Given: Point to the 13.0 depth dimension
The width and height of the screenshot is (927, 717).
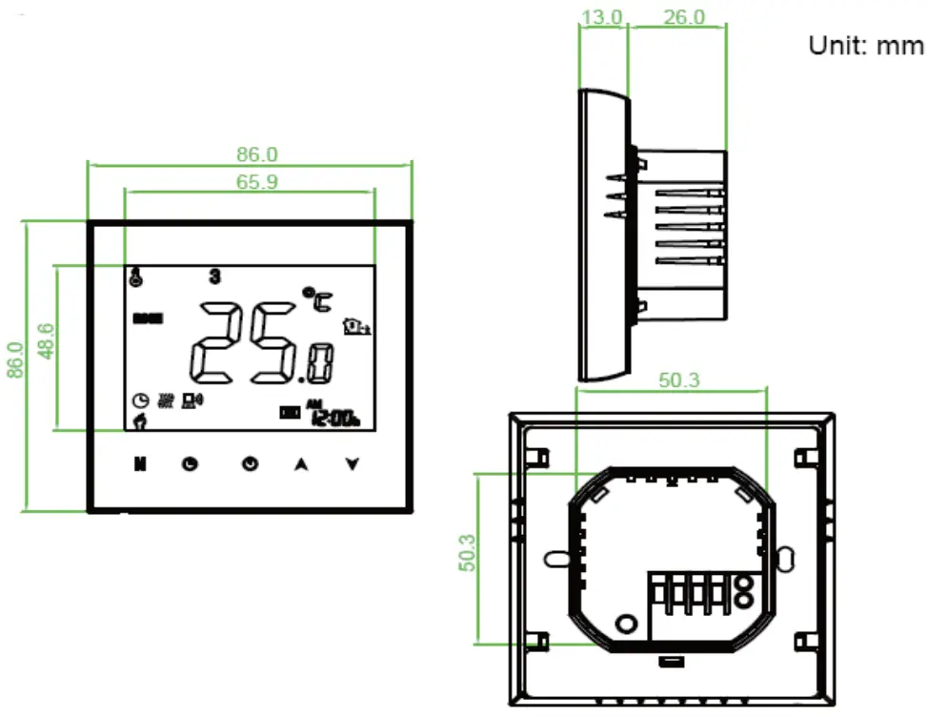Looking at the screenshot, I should (x=602, y=17).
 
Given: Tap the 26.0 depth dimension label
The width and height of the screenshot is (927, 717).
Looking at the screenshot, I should (x=684, y=17).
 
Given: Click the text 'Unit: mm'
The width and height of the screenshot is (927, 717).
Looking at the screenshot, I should (x=865, y=46).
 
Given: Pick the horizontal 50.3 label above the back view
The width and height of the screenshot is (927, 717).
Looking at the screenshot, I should (x=679, y=379).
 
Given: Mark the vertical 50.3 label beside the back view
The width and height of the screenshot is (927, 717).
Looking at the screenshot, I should (x=468, y=551).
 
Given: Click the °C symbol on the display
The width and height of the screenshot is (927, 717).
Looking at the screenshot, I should (x=314, y=299).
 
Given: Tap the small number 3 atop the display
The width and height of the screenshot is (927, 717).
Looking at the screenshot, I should (x=215, y=277).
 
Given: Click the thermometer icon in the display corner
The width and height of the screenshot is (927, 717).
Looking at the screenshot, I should (x=136, y=277).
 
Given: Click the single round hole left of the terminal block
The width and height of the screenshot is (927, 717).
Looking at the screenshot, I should (x=626, y=625).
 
